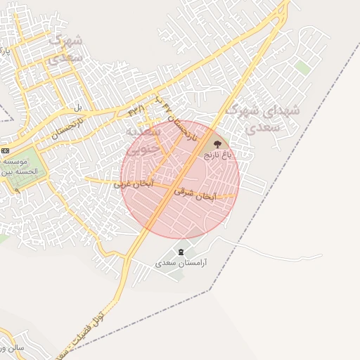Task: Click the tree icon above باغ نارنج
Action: coord(217,144)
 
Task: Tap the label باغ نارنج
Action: coord(217,154)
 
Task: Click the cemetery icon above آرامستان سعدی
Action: coord(181,252)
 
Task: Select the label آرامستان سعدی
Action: coord(180,262)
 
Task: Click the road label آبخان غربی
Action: coord(134,184)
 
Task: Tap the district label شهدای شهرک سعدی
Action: coord(273,119)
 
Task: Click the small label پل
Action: coord(78,108)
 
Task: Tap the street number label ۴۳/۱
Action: coord(136,110)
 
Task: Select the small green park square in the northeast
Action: coord(302,67)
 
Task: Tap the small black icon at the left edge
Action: coord(5,150)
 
